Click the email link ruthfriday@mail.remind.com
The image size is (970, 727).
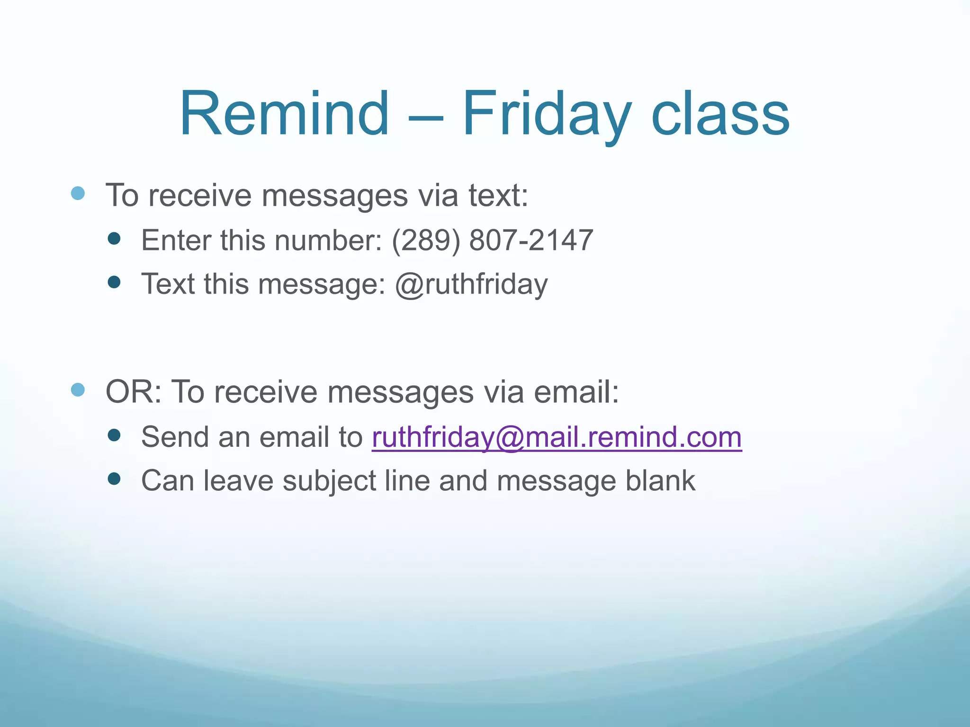(x=557, y=437)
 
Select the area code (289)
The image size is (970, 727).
(x=426, y=240)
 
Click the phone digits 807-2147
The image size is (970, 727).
(x=531, y=240)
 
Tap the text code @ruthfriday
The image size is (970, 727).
(x=471, y=284)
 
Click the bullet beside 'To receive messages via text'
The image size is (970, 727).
(x=78, y=193)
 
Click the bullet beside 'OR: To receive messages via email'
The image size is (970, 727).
(x=78, y=390)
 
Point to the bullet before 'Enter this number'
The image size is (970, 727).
(x=114, y=238)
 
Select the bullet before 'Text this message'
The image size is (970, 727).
(x=114, y=282)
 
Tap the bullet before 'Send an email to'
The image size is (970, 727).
(x=114, y=435)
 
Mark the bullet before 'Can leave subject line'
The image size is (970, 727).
(x=114, y=479)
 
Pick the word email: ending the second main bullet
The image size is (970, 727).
(x=576, y=392)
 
